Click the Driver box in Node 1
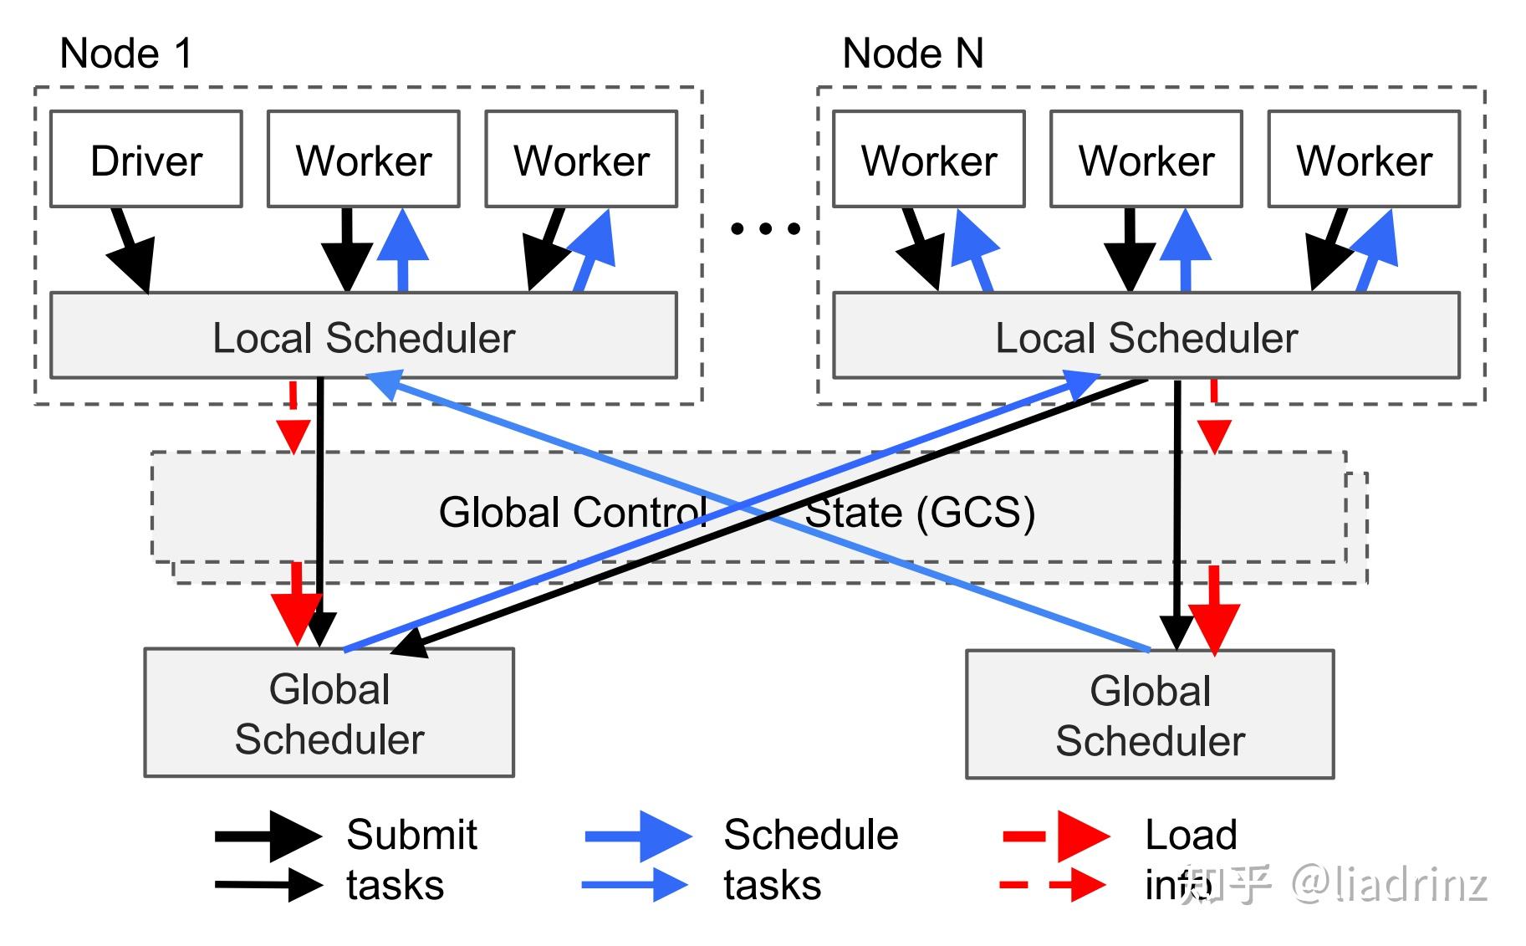(146, 159)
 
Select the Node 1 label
(126, 54)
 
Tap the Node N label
(912, 54)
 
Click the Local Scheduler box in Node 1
(364, 336)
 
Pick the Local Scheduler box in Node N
(1146, 336)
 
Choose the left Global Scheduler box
(329, 713)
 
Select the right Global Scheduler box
(1150, 715)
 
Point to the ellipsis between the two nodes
(765, 228)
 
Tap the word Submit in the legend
(411, 835)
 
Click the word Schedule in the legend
(810, 835)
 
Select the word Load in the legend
(1191, 835)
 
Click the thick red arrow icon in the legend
(1058, 836)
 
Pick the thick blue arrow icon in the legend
(639, 836)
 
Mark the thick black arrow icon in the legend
(268, 836)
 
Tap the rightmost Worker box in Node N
(1364, 159)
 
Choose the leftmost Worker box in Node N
(929, 159)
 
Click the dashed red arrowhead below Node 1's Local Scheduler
(293, 436)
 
